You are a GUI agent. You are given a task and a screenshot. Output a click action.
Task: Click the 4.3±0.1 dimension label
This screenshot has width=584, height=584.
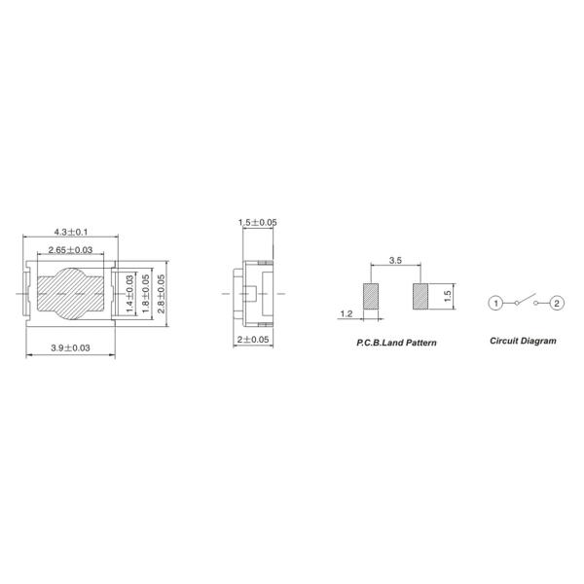[71, 232]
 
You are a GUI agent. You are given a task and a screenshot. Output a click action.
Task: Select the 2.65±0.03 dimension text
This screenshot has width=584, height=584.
[70, 250]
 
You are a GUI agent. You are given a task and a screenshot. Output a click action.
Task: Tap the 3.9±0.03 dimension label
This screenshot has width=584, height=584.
[70, 347]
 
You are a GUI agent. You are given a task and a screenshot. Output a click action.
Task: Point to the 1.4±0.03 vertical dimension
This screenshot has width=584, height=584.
[129, 294]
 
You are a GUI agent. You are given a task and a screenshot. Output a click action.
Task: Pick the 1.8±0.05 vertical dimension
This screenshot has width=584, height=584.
[146, 294]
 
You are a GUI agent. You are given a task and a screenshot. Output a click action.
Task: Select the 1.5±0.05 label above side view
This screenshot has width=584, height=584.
[258, 222]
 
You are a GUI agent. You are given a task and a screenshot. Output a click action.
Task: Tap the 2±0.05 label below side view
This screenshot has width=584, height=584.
[253, 340]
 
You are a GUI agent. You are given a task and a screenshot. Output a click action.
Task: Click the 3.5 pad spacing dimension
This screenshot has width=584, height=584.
[395, 260]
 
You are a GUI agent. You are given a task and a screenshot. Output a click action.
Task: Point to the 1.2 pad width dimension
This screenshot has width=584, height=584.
[346, 314]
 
